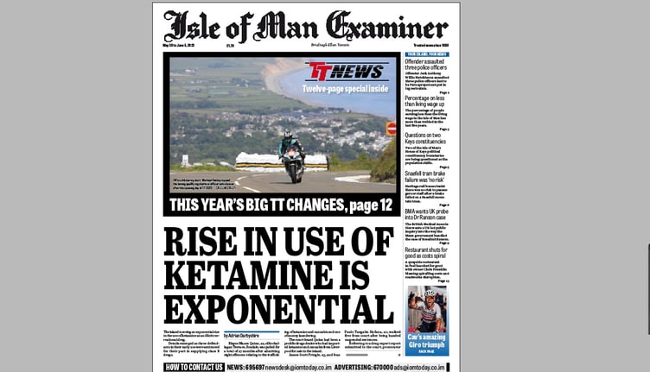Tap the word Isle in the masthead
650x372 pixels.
tap(191, 27)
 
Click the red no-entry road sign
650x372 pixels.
tap(391, 129)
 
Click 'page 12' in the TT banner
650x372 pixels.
tap(364, 205)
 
